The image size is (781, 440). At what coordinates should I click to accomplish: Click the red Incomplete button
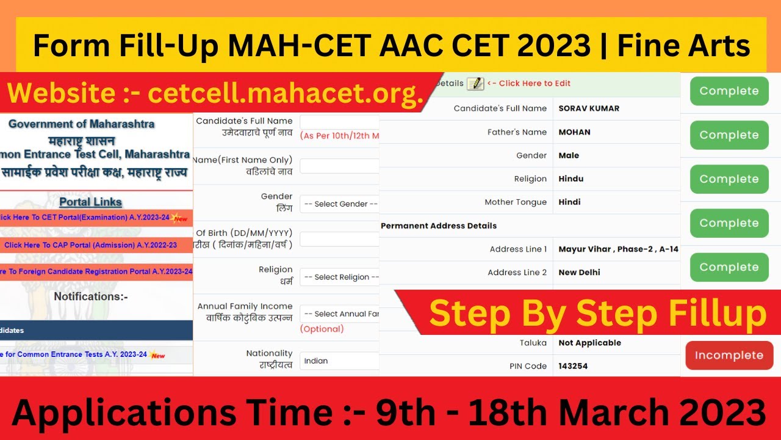pyautogui.click(x=729, y=355)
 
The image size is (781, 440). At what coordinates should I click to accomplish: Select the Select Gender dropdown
pyautogui.click(x=339, y=204)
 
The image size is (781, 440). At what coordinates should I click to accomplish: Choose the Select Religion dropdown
pyautogui.click(x=339, y=277)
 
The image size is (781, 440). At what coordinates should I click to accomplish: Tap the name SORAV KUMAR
pyautogui.click(x=589, y=108)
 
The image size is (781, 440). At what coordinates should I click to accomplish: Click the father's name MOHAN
pyautogui.click(x=574, y=132)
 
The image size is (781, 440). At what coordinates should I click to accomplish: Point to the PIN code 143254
pyautogui.click(x=573, y=366)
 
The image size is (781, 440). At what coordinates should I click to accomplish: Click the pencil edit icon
pyautogui.click(x=475, y=84)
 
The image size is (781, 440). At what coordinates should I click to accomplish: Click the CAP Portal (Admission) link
pyautogui.click(x=90, y=245)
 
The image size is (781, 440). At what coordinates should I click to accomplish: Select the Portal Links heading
pyautogui.click(x=90, y=202)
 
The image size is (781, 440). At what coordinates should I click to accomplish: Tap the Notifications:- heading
pyautogui.click(x=91, y=296)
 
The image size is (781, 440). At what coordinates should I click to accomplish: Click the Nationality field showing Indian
pyautogui.click(x=339, y=361)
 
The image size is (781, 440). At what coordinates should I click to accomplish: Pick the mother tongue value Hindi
pyautogui.click(x=569, y=202)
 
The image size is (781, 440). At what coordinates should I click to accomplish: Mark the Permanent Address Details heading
pyautogui.click(x=439, y=226)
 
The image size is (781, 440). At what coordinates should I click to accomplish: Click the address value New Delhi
pyautogui.click(x=579, y=273)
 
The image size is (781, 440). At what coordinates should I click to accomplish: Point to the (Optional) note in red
pyautogui.click(x=322, y=329)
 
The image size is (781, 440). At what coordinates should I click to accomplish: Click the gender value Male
pyautogui.click(x=569, y=155)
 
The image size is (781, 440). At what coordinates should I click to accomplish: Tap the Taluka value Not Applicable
pyautogui.click(x=589, y=343)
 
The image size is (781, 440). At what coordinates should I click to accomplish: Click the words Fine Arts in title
pyautogui.click(x=683, y=46)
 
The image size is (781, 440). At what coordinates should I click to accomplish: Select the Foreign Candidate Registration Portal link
pyautogui.click(x=96, y=271)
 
